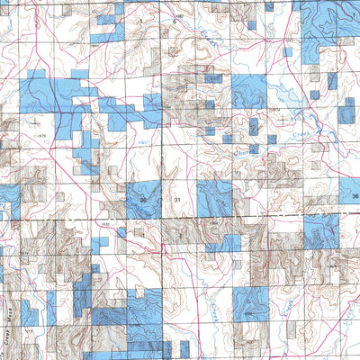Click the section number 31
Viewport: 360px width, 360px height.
177,198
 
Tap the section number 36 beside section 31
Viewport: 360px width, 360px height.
142,198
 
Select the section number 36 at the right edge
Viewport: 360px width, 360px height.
355,196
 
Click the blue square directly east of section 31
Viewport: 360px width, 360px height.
214,197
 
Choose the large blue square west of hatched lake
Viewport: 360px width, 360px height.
249,93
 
